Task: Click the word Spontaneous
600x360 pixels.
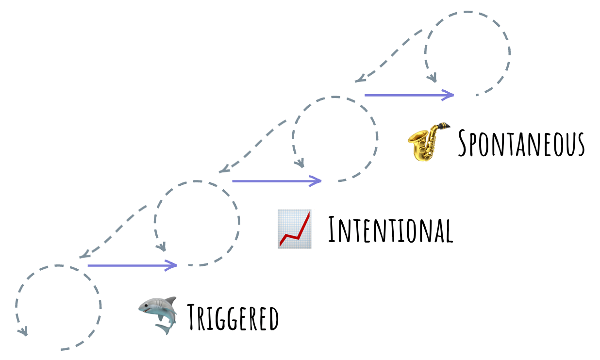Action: (x=521, y=142)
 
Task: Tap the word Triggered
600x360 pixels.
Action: (x=233, y=318)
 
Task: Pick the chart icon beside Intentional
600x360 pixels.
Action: (x=295, y=229)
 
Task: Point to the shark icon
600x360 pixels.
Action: (x=157, y=315)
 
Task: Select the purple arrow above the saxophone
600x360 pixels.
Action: (x=409, y=95)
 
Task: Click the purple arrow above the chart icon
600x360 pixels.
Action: (x=277, y=181)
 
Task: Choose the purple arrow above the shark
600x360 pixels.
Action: (x=132, y=265)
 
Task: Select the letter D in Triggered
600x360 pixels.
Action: (x=273, y=319)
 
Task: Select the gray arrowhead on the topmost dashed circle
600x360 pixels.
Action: (x=432, y=78)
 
